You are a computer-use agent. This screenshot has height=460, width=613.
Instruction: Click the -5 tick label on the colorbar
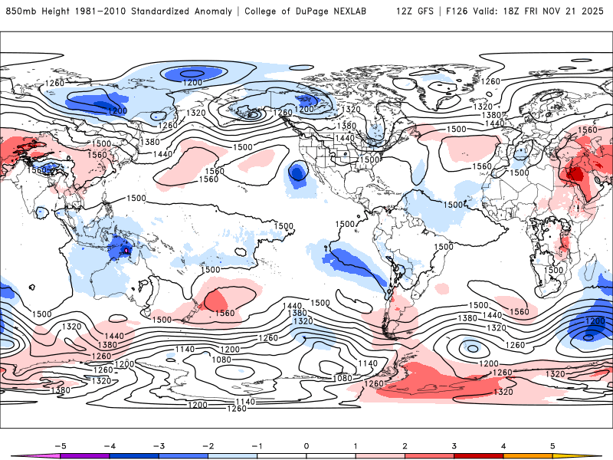pos(61,445)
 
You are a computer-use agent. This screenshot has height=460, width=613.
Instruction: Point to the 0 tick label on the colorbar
pos(306,445)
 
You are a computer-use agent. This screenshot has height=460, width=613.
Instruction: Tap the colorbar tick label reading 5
pos(552,445)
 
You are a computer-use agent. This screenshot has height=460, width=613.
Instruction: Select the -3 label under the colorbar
pos(159,445)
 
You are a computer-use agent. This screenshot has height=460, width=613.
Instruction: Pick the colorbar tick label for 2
pos(405,445)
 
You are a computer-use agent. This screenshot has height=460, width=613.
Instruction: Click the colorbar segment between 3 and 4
pos(478,455)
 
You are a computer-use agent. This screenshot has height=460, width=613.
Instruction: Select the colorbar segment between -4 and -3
pos(135,455)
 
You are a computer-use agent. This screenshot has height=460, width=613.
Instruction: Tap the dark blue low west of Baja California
pos(297,174)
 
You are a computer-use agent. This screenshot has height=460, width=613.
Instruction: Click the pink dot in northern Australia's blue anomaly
pos(126,250)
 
